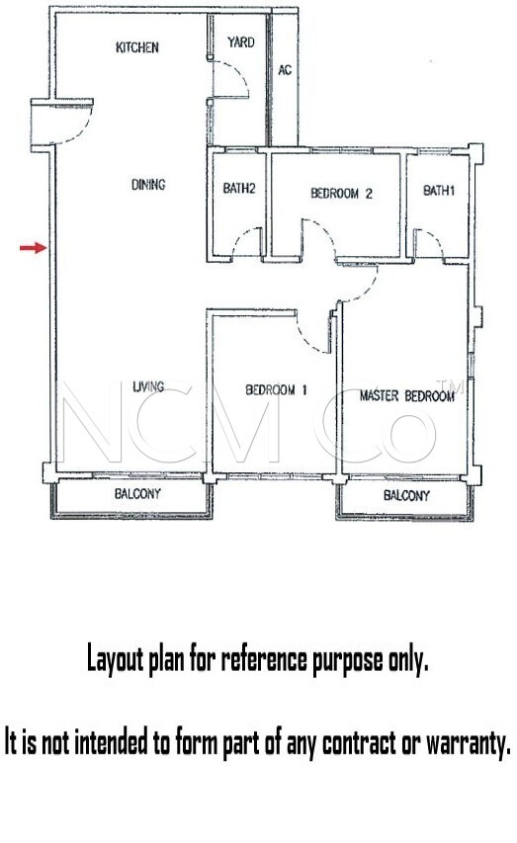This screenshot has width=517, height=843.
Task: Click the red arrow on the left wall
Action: point(34,248)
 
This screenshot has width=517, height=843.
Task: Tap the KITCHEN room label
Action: point(137,47)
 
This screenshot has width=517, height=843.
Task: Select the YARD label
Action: point(240,42)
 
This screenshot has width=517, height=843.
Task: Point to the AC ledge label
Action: point(285,70)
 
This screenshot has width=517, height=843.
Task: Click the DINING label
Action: point(148,185)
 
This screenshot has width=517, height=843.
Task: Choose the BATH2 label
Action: point(239,188)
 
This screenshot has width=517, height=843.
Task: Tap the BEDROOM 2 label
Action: point(341,193)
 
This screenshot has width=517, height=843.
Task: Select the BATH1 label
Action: point(439,191)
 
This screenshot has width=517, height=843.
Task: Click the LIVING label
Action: point(148,386)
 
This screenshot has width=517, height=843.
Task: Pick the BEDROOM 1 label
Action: point(276,389)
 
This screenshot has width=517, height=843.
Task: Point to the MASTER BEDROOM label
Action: point(407,396)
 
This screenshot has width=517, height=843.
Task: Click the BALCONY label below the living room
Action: point(137,493)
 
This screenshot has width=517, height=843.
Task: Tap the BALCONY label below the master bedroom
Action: point(406,495)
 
